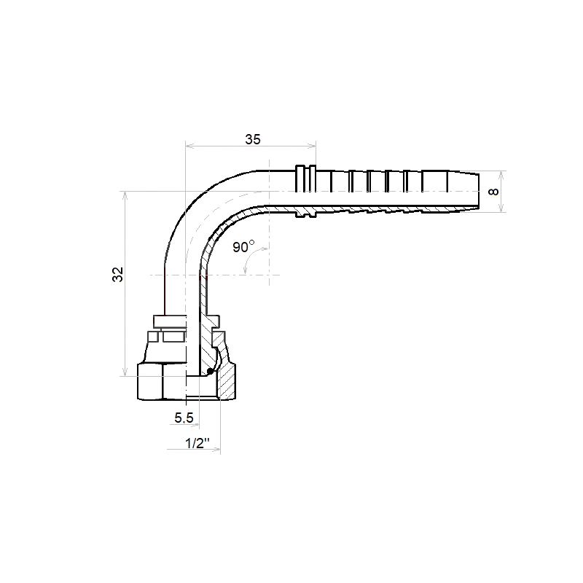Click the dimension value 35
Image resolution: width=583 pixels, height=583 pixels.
[253, 139]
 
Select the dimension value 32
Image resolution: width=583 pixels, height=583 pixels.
[118, 275]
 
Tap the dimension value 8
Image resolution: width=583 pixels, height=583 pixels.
[493, 192]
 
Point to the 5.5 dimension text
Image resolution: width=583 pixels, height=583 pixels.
[184, 418]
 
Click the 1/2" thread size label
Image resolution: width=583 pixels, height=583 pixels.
[197, 443]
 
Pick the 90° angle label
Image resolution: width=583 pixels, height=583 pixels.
[243, 246]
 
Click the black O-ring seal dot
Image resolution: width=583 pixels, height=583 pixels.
[210, 371]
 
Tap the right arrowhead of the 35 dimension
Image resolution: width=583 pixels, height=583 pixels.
[312, 146]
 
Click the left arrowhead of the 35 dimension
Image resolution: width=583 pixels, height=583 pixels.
[189, 146]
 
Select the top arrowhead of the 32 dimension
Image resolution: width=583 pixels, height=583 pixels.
[125, 196]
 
